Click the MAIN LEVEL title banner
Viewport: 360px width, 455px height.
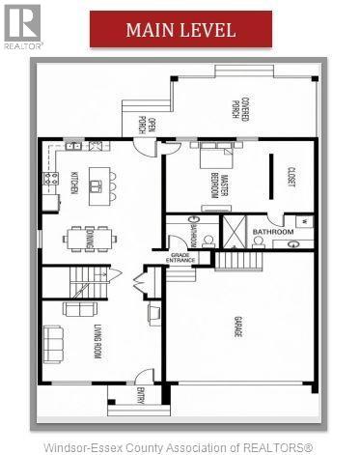point(180,29)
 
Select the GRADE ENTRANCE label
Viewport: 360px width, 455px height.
point(181,258)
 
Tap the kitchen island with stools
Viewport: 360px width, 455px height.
point(97,180)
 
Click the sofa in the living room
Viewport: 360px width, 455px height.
point(53,341)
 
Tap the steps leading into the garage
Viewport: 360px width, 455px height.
point(232,259)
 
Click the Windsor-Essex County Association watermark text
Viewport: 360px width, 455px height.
point(180,445)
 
